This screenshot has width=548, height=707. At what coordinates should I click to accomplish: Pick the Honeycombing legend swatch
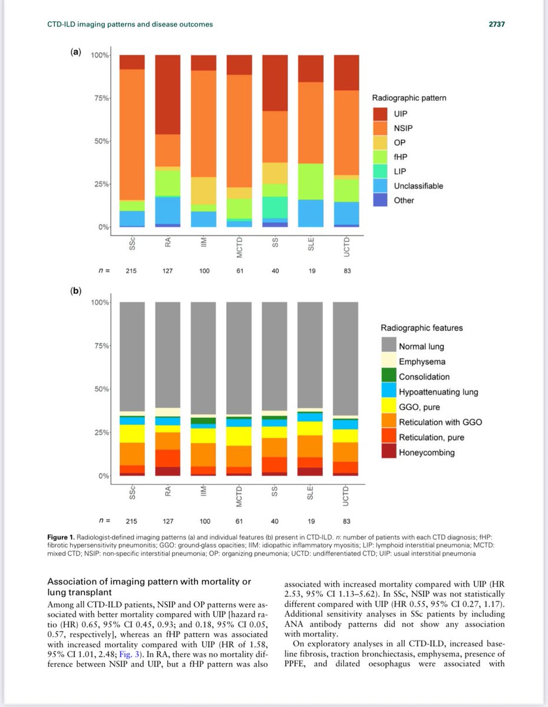(389, 452)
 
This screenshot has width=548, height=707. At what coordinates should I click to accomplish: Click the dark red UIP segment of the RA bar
(168, 94)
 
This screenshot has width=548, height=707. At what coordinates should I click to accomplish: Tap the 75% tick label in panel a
(101, 98)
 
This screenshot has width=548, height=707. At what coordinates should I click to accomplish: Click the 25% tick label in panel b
(101, 432)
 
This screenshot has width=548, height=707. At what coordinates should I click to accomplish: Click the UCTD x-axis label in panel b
(346, 492)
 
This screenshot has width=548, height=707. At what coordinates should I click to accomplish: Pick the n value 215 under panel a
(132, 270)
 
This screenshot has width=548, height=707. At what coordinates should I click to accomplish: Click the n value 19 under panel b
(311, 520)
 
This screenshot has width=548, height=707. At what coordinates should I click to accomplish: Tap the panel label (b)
(75, 290)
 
